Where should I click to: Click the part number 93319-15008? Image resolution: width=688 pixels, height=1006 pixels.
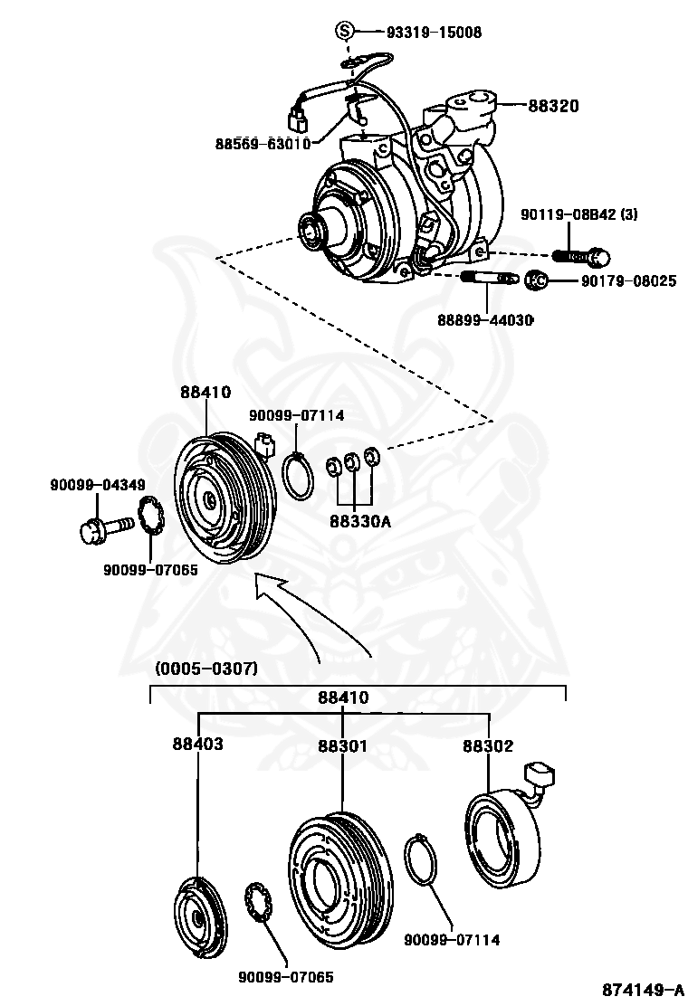click(x=434, y=32)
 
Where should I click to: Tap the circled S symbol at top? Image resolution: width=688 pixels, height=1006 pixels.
click(x=345, y=31)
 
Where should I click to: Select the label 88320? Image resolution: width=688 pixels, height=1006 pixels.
click(x=553, y=106)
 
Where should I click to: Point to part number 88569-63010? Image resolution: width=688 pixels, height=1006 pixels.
click(x=263, y=143)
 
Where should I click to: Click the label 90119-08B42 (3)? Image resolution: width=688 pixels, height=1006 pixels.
click(x=578, y=214)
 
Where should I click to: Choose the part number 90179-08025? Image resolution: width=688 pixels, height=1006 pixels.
click(x=629, y=281)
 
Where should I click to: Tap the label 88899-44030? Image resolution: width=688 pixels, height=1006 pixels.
click(x=485, y=319)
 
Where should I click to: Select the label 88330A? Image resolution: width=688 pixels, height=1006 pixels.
click(x=360, y=521)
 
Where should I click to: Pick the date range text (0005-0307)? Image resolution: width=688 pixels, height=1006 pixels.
click(x=206, y=669)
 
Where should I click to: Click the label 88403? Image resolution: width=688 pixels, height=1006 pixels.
click(x=197, y=744)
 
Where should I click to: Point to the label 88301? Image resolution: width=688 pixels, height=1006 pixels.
click(x=343, y=745)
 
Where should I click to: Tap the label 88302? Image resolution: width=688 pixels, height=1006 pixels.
click(x=489, y=745)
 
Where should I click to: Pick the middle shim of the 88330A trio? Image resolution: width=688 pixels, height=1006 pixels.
click(x=352, y=461)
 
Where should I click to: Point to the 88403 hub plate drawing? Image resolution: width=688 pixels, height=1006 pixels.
click(x=199, y=917)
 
